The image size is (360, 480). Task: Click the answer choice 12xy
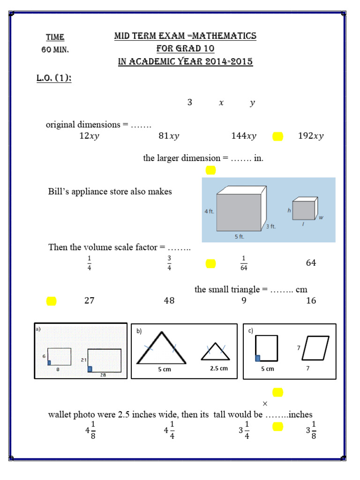pyautogui.click(x=89, y=136)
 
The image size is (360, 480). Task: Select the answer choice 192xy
pyautogui.click(x=311, y=136)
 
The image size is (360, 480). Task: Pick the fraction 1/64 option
pyautogui.click(x=243, y=263)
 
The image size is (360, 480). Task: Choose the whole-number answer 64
pyautogui.click(x=311, y=263)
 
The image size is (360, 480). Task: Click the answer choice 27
pyautogui.click(x=89, y=301)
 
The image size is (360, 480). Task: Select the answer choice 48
pyautogui.click(x=169, y=301)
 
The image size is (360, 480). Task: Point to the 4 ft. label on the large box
pyautogui.click(x=209, y=211)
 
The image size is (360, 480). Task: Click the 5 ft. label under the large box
pyautogui.click(x=240, y=237)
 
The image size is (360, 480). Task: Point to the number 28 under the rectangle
pyautogui.click(x=104, y=375)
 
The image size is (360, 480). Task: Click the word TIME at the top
pyautogui.click(x=55, y=37)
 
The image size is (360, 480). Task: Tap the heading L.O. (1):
pyautogui.click(x=54, y=78)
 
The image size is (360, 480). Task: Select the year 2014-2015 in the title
pyautogui.click(x=228, y=62)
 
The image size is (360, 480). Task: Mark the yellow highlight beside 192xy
pyautogui.click(x=277, y=136)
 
